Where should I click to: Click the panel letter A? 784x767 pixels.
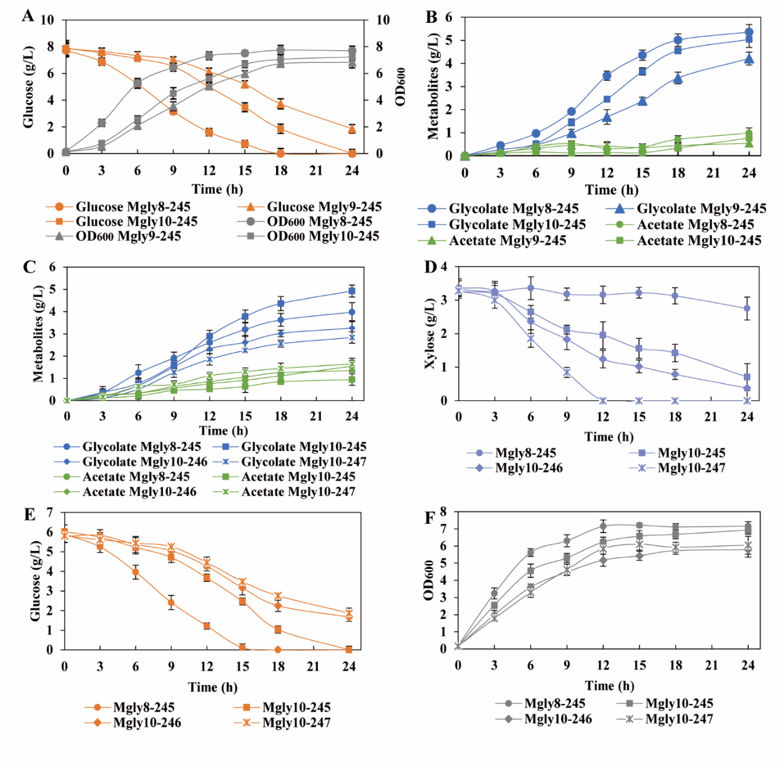(28, 15)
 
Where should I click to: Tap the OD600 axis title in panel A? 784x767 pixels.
(400, 86)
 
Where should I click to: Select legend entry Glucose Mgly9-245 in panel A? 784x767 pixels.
(323, 207)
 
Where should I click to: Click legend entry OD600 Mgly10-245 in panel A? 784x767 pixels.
(322, 236)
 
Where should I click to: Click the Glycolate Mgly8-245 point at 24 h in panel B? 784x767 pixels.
(749, 32)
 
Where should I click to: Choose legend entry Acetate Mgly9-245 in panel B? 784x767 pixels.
(507, 241)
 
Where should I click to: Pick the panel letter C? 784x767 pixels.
(28, 267)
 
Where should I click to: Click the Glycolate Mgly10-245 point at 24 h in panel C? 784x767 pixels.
(352, 291)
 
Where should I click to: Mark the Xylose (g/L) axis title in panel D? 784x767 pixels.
(430, 334)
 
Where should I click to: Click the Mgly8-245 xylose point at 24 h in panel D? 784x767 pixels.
(747, 309)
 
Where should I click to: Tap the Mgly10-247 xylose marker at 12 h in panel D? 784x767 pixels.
(603, 400)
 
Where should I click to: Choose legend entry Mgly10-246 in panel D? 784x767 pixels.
(528, 468)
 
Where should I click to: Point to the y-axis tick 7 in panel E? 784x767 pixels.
(50, 513)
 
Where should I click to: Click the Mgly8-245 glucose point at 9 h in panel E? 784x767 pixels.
(171, 602)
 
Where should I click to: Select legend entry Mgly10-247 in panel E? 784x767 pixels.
(296, 723)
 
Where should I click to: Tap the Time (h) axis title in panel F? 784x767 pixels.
(609, 686)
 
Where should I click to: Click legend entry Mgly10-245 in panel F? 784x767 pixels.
(678, 703)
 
